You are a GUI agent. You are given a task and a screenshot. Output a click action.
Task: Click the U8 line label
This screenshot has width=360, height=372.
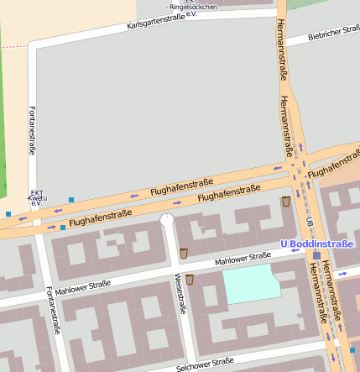310,222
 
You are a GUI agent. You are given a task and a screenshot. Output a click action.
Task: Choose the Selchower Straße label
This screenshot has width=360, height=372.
206,364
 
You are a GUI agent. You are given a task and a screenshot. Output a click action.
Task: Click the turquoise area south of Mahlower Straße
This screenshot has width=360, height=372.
251,286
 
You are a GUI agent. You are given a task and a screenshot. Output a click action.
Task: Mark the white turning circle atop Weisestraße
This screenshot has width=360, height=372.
167,220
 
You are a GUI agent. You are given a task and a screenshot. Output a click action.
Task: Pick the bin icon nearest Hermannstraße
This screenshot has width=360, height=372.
286,202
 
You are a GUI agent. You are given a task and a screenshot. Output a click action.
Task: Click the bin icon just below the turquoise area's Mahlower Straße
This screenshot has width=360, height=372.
190,280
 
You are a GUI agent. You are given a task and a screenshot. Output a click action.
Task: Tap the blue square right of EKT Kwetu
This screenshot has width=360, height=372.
71,200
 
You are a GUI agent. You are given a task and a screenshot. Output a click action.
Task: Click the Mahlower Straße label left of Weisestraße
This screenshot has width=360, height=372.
83,288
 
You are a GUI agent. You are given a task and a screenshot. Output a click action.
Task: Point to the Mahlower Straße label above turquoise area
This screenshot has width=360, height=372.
243,259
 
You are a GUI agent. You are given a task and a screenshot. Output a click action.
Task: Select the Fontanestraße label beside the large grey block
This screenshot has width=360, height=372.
32,130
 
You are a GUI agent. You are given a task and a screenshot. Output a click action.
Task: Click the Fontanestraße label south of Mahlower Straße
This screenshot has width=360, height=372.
53,311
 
